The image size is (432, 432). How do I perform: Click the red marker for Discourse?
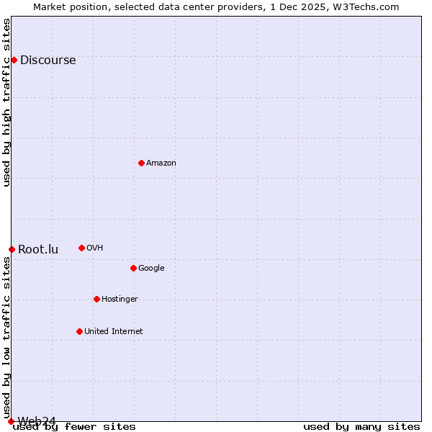tap(14, 60)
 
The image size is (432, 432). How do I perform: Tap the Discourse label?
tap(48, 60)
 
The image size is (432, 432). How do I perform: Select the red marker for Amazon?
tap(141, 163)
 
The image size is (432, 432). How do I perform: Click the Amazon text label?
tap(161, 163)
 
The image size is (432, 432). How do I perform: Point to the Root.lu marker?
tap(12, 249)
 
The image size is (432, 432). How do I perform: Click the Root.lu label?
tap(38, 250)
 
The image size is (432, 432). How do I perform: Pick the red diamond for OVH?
tap(81, 248)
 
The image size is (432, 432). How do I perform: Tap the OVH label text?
tap(94, 248)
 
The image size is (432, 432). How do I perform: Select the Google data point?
tap(133, 268)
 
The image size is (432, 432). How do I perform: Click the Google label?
tap(151, 269)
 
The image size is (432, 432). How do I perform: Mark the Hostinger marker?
tap(96, 299)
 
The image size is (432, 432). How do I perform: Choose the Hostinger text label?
tap(120, 300)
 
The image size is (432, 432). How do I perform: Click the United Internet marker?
tap(79, 331)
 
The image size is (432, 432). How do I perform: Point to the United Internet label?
tap(114, 332)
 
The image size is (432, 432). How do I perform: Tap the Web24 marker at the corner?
tap(11, 421)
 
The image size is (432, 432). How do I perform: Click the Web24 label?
tap(37, 420)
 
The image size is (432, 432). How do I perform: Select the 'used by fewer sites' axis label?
tap(74, 427)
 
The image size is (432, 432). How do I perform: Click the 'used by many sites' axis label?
tap(361, 427)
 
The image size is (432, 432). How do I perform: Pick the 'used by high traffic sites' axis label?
tap(7, 102)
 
